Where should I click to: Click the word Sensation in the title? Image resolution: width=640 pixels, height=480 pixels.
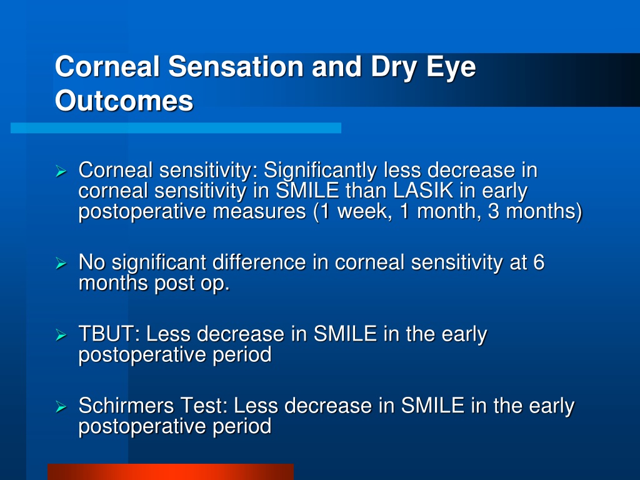tap(236, 66)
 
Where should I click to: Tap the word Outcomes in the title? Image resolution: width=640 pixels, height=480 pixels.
tap(124, 101)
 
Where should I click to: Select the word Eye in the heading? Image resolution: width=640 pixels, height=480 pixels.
tap(451, 67)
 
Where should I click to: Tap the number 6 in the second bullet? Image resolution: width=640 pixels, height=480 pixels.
tap(538, 262)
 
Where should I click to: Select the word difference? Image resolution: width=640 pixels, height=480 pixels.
tap(259, 262)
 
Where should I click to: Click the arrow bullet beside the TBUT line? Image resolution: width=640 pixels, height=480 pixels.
tap(61, 335)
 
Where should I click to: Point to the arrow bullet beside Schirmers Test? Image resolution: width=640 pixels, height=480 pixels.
tap(61, 407)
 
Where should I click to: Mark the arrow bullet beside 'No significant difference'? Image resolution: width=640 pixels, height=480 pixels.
tap(61, 263)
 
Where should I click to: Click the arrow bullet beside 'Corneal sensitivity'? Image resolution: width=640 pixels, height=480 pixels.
tap(61, 171)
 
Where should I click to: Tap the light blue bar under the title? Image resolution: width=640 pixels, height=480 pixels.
tap(176, 128)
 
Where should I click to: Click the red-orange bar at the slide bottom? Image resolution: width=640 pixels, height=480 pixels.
tap(171, 472)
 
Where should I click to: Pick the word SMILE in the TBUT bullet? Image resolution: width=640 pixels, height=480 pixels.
tap(345, 334)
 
